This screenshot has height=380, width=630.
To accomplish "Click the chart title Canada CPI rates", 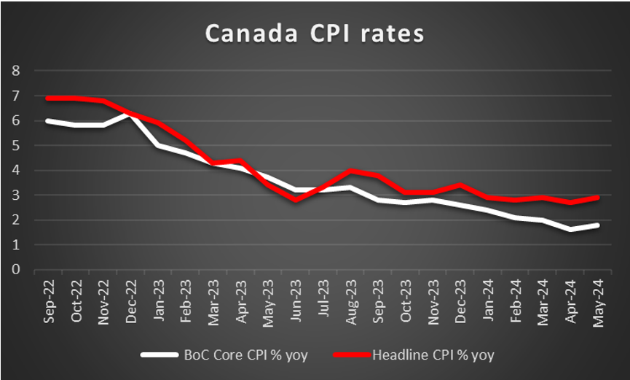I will point(314,34).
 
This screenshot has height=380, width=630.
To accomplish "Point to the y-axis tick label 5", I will point(16,146).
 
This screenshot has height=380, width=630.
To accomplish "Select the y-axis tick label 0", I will point(16,270).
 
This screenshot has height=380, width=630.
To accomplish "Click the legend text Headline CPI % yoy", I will point(434,355).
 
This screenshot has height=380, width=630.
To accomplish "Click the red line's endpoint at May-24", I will point(597,198).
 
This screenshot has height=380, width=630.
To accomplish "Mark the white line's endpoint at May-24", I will point(597,225).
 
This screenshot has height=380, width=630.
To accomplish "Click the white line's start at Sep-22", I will point(48,120).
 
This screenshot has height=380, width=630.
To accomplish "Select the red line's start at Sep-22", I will point(48,98).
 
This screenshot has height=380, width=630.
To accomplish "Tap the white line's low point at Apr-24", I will point(570,230).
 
